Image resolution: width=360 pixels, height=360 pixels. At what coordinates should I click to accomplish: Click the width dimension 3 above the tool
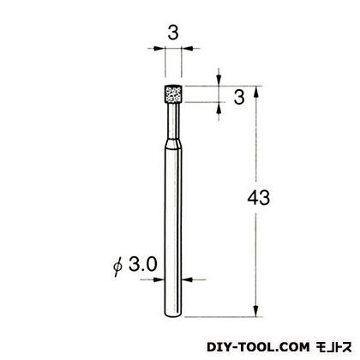[173, 33]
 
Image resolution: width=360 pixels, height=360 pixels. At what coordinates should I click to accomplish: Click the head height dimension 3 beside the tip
[239, 97]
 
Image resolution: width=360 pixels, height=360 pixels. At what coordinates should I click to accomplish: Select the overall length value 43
[259, 198]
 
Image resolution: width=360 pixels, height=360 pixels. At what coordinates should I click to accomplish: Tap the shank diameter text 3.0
[143, 264]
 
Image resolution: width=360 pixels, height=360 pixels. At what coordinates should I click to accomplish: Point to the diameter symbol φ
[117, 267]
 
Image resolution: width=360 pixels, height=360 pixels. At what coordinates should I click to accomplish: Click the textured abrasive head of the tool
[173, 94]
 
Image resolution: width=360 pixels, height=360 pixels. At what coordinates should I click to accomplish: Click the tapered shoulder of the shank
[173, 144]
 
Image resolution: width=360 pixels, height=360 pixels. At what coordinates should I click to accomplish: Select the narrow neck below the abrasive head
[173, 120]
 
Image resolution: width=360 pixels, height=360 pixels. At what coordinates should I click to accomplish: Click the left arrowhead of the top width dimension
[159, 49]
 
